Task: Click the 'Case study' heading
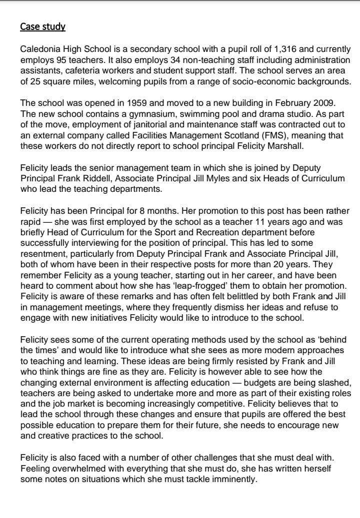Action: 42,26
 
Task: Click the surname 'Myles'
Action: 220,179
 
